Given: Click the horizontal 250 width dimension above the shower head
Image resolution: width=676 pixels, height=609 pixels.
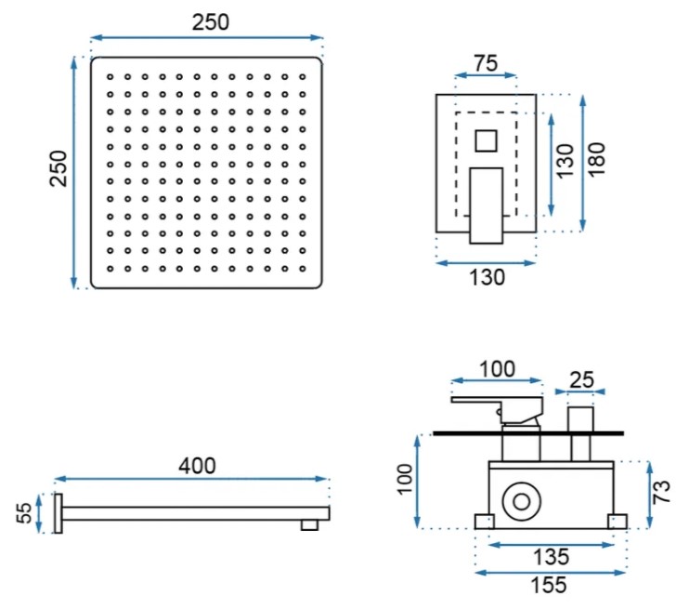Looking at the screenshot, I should click(x=210, y=21).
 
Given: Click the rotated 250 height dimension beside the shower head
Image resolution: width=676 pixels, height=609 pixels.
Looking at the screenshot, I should click(x=58, y=169).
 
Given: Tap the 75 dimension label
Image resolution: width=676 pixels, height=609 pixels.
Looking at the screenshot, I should click(x=485, y=64).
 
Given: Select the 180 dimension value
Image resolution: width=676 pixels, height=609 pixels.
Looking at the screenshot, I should click(x=597, y=161).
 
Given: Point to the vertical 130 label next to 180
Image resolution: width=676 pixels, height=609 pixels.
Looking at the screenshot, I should click(x=565, y=162).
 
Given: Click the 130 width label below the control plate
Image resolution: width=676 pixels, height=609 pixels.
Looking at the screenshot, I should click(x=486, y=276).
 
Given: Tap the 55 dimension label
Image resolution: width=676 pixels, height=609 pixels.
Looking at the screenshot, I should click(x=26, y=512).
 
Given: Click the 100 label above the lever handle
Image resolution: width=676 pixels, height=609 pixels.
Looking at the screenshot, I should click(x=497, y=367).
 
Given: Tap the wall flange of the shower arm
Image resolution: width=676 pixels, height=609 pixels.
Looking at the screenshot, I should click(x=59, y=513).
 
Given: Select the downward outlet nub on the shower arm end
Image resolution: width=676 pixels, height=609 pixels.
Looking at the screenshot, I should click(x=310, y=524).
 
